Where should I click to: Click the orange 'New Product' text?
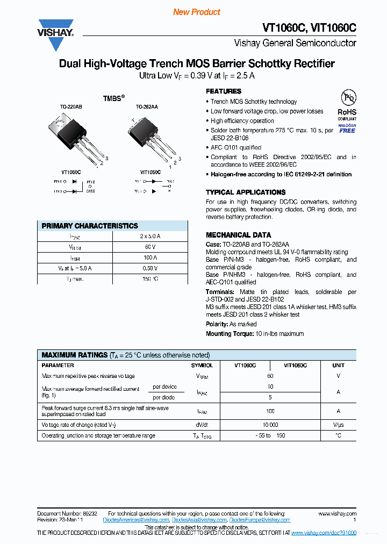click(197, 12)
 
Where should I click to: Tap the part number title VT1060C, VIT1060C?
click(309, 28)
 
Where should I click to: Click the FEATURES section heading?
click(224, 91)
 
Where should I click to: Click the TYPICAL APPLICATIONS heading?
click(246, 192)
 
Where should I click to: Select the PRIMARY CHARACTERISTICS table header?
click(90, 226)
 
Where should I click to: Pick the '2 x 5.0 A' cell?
click(150, 237)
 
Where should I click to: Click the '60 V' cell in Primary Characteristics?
click(150, 247)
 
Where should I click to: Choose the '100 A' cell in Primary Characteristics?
click(150, 258)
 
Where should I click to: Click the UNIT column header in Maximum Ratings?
click(338, 365)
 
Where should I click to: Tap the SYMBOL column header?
click(202, 365)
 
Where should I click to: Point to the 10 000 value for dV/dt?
click(270, 425)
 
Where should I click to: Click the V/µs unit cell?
click(338, 425)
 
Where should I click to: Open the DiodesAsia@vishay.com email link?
click(199, 520)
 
